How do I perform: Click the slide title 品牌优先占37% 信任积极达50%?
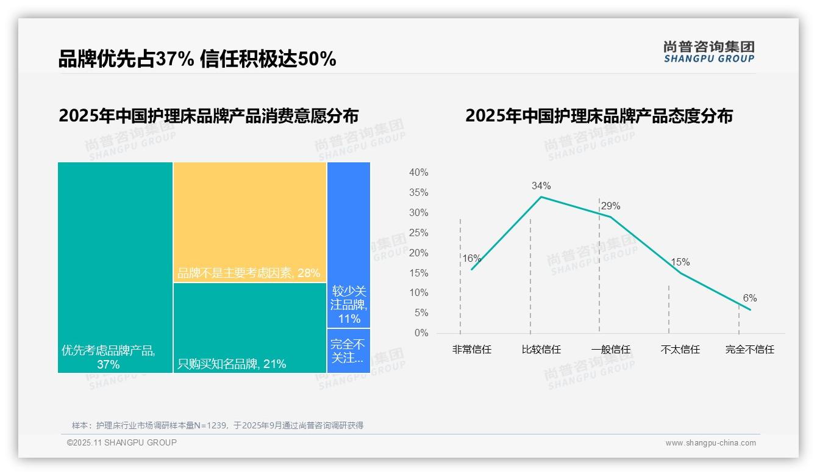pyautogui.click(x=197, y=59)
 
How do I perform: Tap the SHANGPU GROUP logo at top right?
pyautogui.click(x=708, y=52)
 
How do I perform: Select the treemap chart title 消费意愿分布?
pyautogui.click(x=209, y=116)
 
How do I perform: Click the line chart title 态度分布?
pyautogui.click(x=599, y=116)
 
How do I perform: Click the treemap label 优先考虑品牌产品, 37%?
pyautogui.click(x=109, y=358)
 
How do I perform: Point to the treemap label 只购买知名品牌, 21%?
pyautogui.click(x=232, y=364)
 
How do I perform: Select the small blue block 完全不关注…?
pyautogui.click(x=348, y=351)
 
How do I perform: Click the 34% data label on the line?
pyautogui.click(x=541, y=186)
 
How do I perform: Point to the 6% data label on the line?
pyautogui.click(x=749, y=298)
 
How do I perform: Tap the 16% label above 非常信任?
pyautogui.click(x=471, y=258)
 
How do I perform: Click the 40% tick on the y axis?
pyautogui.click(x=418, y=173)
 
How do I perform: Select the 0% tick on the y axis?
pyautogui.click(x=421, y=333)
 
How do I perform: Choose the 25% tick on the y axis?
pyautogui.click(x=418, y=233)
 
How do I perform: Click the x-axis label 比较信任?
pyautogui.click(x=541, y=350)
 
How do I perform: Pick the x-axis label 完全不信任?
pyautogui.click(x=749, y=350)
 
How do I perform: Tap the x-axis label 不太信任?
pyautogui.click(x=680, y=350)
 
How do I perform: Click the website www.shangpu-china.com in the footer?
pyautogui.click(x=710, y=443)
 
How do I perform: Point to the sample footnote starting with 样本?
pyautogui.click(x=218, y=425)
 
